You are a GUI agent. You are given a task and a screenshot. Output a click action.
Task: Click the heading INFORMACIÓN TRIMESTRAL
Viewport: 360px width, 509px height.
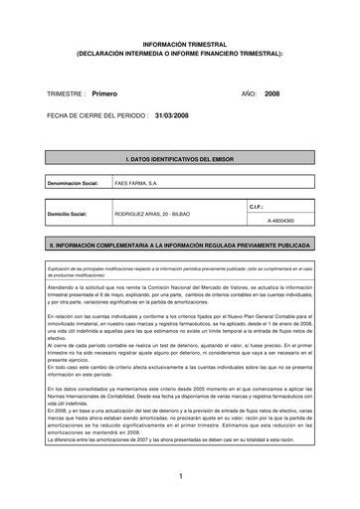tap(179, 46)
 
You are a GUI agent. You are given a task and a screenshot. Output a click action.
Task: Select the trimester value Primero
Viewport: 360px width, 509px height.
tap(104, 91)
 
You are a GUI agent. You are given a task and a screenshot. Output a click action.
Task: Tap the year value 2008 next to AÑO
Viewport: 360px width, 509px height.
tap(272, 91)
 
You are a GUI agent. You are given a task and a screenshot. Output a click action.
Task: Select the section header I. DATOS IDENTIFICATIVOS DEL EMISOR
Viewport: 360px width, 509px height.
tap(179, 158)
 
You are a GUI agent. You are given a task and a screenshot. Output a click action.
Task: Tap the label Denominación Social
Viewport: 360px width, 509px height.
tap(72, 184)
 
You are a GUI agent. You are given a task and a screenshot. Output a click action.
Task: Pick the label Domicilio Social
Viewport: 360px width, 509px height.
tap(69, 213)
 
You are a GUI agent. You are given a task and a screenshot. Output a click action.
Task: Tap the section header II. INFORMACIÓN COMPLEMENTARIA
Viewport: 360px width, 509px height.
tap(179, 242)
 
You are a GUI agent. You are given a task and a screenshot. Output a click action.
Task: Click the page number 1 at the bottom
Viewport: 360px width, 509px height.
tap(180, 477)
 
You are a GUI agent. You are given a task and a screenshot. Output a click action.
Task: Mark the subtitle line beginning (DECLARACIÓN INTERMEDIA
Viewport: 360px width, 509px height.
tap(179, 55)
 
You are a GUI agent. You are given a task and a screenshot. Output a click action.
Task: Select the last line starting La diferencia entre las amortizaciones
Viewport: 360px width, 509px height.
tap(159, 438)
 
